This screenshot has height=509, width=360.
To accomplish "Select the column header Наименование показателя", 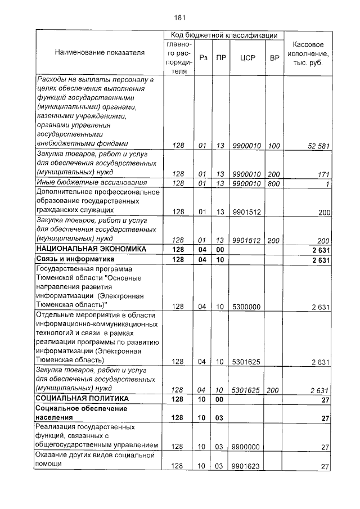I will coord(100,52).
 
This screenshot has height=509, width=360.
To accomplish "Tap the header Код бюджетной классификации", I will coord(224,35).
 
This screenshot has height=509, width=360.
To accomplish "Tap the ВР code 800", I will coord(274,183).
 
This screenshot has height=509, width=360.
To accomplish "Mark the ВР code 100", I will coord(274,146).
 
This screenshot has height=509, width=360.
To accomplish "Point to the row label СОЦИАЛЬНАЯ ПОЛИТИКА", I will coord(82,399).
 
